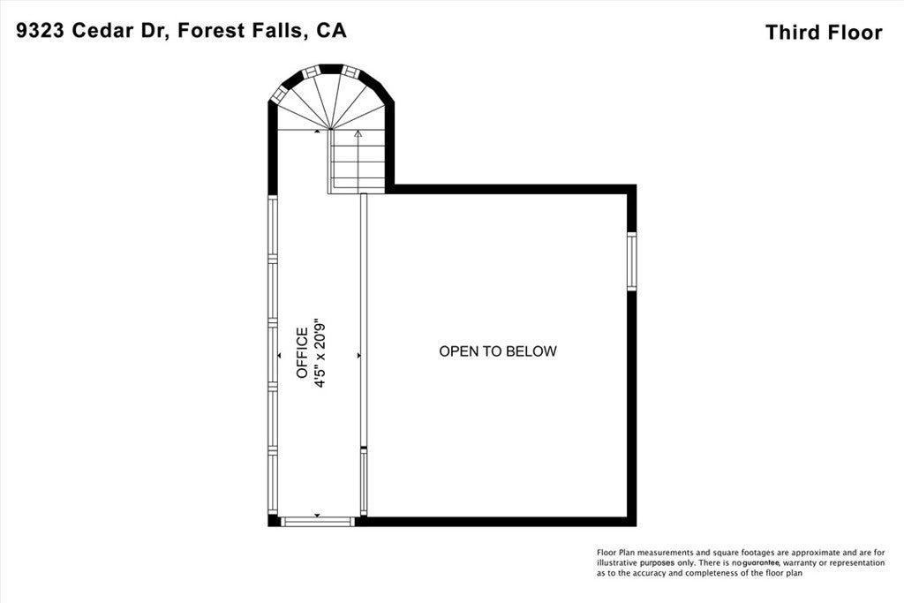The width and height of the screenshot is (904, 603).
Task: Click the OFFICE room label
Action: [x=302, y=353]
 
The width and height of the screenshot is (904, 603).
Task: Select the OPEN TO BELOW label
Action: [x=498, y=351]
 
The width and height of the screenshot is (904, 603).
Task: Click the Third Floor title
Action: [x=823, y=33]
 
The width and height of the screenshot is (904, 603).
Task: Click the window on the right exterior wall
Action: [x=631, y=261]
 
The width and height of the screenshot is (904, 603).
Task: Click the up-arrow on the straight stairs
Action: [x=358, y=134]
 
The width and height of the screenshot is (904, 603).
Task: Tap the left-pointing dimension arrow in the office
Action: [x=279, y=355]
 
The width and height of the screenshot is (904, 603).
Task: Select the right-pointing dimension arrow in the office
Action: [x=358, y=355]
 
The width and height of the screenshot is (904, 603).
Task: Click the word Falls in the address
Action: [x=272, y=30]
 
